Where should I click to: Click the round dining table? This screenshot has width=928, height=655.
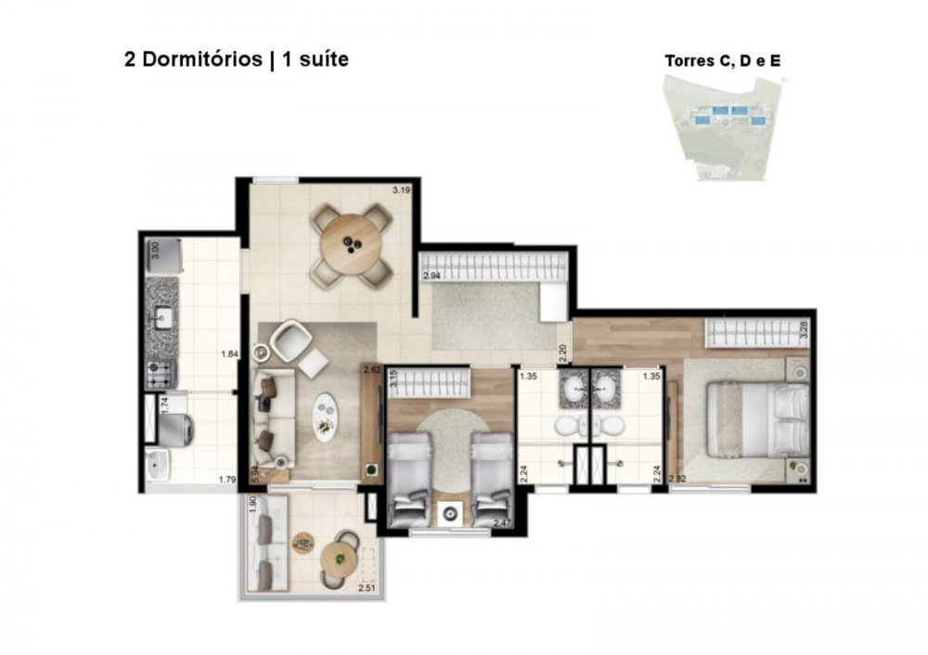click(x=351, y=245)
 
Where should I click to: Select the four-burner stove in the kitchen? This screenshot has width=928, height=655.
click(x=161, y=375)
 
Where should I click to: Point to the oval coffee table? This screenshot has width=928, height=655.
click(x=326, y=417)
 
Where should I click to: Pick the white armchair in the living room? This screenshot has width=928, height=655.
click(x=290, y=340)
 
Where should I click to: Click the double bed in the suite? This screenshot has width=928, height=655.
click(x=758, y=419)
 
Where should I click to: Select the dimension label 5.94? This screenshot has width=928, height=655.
click(x=255, y=474)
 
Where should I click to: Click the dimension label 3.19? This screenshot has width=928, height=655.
click(x=401, y=190)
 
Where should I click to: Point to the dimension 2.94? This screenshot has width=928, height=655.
click(x=432, y=276)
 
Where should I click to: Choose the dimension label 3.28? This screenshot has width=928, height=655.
click(x=803, y=329)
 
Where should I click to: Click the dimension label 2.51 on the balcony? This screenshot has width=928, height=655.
click(x=367, y=589)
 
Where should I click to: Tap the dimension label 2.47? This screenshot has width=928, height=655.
click(x=502, y=522)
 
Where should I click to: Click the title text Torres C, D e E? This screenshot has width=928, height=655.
click(x=723, y=61)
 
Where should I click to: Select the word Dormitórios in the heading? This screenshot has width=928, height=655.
click(x=202, y=59)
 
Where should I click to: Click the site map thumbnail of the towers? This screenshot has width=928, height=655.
click(x=723, y=128)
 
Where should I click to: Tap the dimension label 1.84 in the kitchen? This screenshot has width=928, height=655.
click(x=229, y=354)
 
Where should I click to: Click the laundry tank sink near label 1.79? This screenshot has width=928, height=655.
click(x=158, y=465)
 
